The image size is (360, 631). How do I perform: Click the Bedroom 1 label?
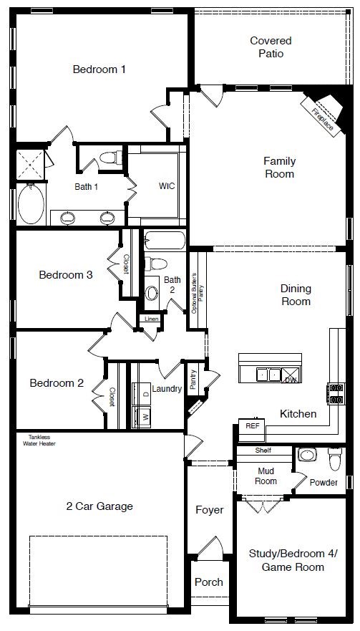tap(99, 69)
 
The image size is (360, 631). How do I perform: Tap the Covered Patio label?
tap(271, 47)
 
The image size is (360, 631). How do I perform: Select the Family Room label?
tap(279, 168)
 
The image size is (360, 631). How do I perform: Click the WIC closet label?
tap(167, 186)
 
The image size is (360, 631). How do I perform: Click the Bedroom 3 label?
tap(66, 274)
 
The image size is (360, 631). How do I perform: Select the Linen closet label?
tap(151, 319)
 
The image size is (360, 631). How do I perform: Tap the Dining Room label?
tap(295, 295)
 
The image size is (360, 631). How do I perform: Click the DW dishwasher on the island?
tap(289, 375)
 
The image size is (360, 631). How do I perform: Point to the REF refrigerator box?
tap(252, 425)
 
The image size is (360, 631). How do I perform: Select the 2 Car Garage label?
tap(99, 506)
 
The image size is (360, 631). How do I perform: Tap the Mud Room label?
tap(266, 476)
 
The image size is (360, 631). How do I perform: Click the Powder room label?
tap(323, 482)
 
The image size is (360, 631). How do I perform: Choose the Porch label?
tap(209, 582)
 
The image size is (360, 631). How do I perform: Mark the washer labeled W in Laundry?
tap(143, 415)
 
